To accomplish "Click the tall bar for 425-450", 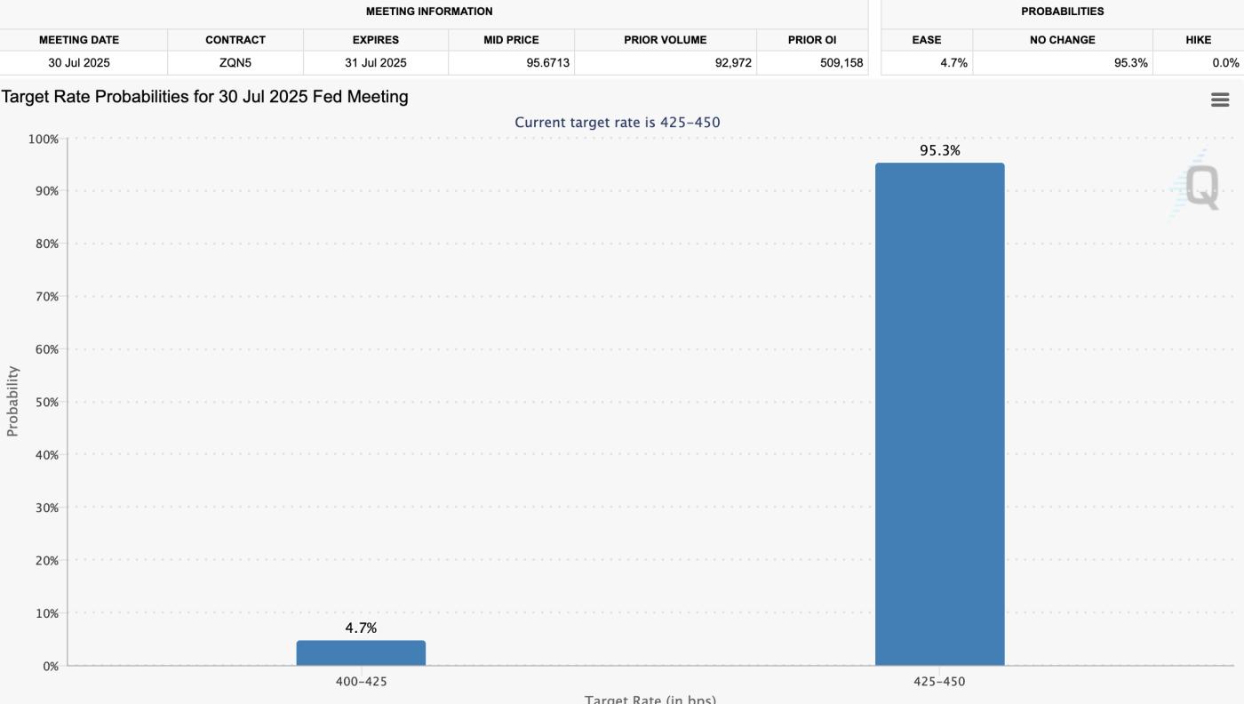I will point(939,413).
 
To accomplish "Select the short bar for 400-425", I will point(361,652).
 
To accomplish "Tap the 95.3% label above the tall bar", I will point(939,151).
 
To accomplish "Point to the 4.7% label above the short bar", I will point(361,628).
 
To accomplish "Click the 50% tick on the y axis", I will point(44,402).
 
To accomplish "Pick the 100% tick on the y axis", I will point(43,139).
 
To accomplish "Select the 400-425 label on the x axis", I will point(361,682).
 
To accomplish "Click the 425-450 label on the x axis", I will point(939,682).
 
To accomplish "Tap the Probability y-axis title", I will point(12,401).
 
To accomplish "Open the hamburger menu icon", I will point(1220,100).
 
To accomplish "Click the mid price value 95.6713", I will point(547,63).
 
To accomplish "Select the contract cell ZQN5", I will point(235,63).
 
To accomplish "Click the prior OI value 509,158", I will point(841,63).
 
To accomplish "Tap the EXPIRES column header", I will point(375,40).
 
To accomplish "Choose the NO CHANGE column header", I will point(1062,40).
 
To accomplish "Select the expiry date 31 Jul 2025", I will point(375,63).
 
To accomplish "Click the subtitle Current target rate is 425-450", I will point(618,123).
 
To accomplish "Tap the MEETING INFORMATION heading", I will point(429,12).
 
